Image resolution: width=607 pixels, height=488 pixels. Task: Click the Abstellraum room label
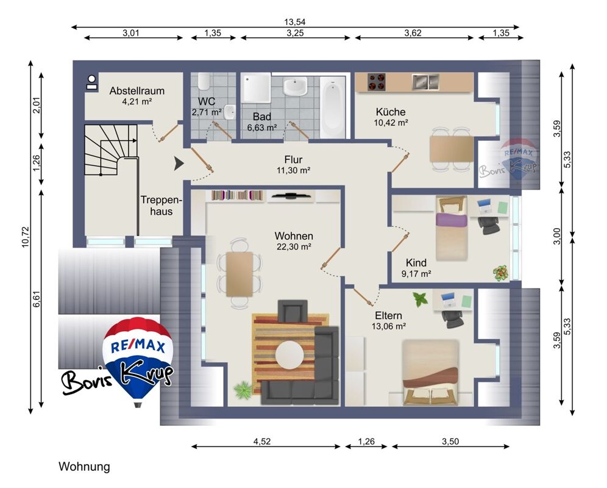point(137,91)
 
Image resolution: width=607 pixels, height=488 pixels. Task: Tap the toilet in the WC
point(204,81)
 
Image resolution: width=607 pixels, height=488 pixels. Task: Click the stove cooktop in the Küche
point(376,82)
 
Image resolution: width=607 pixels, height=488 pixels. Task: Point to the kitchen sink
point(425,81)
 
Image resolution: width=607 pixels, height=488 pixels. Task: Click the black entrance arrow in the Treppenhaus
point(179,163)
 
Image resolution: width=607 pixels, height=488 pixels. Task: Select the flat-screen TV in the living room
point(290,196)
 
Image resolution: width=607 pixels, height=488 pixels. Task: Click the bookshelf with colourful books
point(237,195)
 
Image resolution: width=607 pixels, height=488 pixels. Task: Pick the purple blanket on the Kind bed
point(452,220)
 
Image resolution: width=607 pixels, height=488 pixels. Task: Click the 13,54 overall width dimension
point(294,22)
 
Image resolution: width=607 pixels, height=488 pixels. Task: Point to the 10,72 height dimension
point(26,237)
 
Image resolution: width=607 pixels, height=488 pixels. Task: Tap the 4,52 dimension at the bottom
point(262,441)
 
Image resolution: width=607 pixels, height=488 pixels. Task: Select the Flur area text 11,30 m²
point(293,170)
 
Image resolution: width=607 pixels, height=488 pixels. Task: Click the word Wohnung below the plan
point(84,467)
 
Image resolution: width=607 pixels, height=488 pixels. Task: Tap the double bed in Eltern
point(430,373)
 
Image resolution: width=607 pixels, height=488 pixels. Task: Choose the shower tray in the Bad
point(256,88)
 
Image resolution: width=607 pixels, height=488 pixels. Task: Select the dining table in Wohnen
point(240,274)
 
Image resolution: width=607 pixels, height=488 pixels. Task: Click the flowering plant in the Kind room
point(501,273)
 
